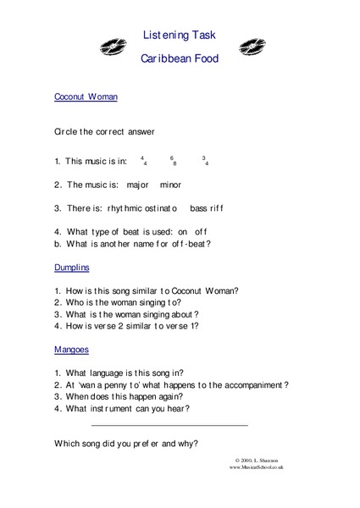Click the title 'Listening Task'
pyautogui.click(x=180, y=35)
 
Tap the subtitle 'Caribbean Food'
pyautogui.click(x=180, y=60)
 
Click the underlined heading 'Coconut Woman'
pyautogui.click(x=85, y=97)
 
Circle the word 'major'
pyautogui.click(x=136, y=184)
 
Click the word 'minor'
pyautogui.click(x=169, y=184)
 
